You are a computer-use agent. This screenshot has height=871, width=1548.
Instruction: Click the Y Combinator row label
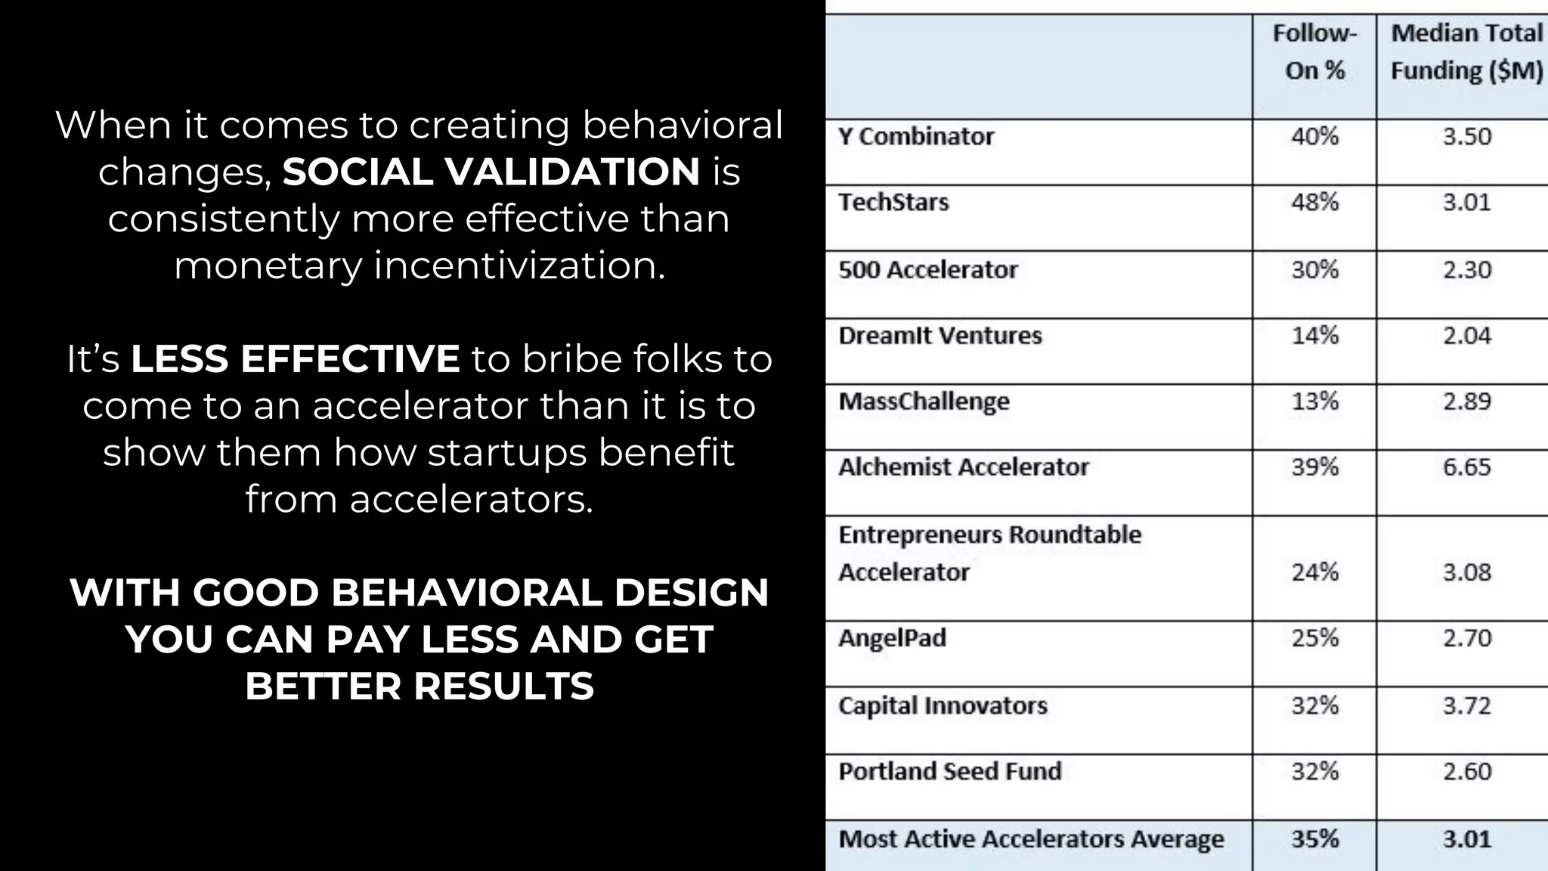916,137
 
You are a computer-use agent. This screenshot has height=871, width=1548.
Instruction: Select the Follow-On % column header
1314,52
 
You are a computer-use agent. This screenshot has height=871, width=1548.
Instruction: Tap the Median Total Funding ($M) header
1466,52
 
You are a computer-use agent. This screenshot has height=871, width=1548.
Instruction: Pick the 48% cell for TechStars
1314,203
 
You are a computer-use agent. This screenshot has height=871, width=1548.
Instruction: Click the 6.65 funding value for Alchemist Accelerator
1466,467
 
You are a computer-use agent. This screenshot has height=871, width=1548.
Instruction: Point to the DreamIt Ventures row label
940,336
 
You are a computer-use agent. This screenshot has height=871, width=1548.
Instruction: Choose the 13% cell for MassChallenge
1314,401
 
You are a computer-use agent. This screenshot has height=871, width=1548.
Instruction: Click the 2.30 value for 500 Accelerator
1466,270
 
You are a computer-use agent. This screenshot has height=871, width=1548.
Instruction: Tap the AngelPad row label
892,638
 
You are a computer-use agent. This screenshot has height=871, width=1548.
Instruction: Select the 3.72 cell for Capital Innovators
1466,705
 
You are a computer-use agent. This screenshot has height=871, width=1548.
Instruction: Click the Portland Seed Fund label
950,771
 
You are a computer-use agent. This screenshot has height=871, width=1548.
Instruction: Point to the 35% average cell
1314,839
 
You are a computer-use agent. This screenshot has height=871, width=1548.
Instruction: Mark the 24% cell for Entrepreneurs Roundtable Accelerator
1314,572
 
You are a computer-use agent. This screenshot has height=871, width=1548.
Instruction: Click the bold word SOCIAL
357,172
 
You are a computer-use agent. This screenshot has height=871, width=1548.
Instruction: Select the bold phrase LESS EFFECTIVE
296,358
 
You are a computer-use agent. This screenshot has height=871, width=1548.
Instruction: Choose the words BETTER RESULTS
420,687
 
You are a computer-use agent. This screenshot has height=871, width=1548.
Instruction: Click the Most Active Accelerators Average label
1031,839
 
